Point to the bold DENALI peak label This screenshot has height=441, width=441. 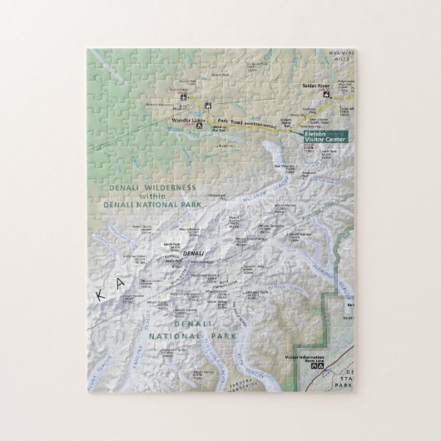[192, 252]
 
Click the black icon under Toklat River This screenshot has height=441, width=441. [326, 94]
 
